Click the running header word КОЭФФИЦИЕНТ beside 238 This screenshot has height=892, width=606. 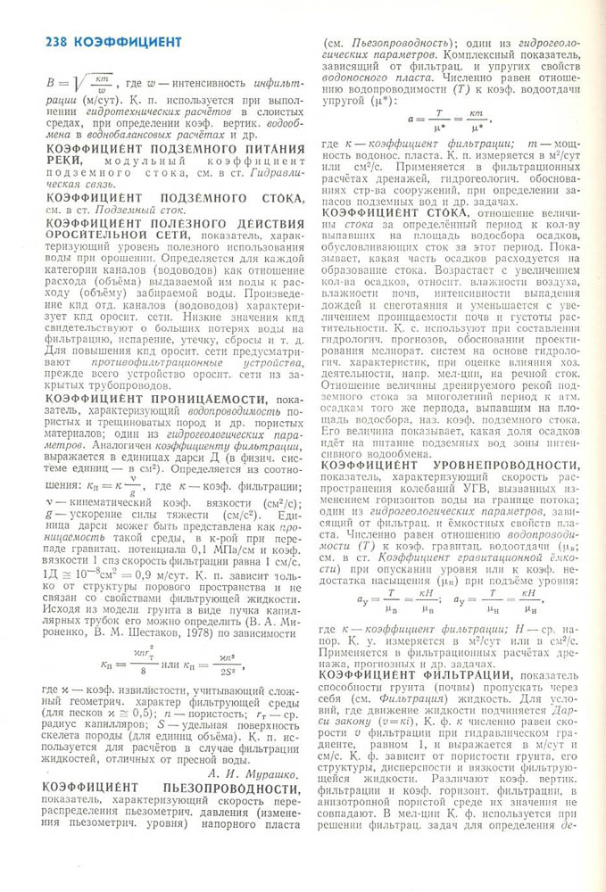[129, 41]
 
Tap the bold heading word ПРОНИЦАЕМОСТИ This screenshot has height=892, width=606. [207, 399]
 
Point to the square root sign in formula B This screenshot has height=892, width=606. [84, 81]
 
